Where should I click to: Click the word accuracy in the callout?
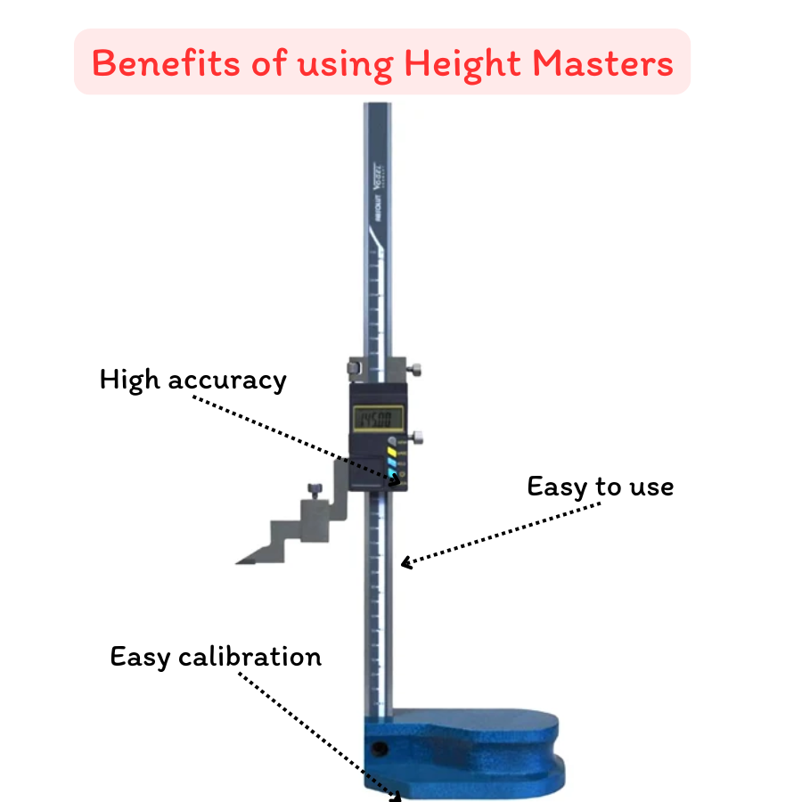click(x=227, y=380)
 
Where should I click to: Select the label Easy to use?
click(x=600, y=487)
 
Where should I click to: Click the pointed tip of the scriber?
click(x=240, y=562)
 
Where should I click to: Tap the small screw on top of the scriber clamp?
click(x=314, y=488)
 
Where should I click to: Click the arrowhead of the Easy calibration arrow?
click(x=396, y=796)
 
